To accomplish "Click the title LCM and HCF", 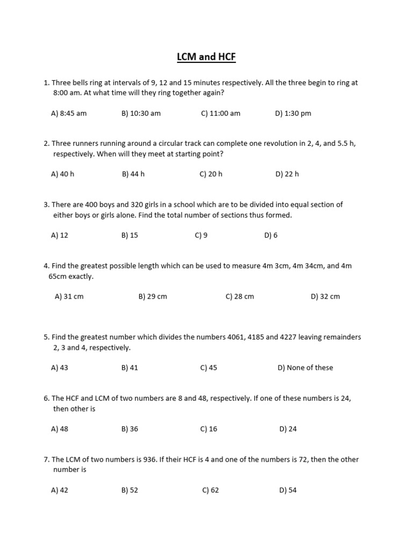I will (x=206, y=57).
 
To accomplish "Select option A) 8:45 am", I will (x=68, y=114).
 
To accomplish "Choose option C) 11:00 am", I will (x=220, y=114).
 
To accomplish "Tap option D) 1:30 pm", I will (x=293, y=114).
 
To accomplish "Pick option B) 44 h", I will (x=133, y=174).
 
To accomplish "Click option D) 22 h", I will (x=287, y=174).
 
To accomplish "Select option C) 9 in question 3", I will (x=201, y=235).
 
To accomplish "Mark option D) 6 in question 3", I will (x=271, y=235).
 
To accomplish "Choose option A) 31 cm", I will (x=69, y=296).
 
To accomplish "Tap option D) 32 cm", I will (x=325, y=296).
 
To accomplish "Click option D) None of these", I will (x=305, y=368).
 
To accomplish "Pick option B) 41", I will (x=130, y=368).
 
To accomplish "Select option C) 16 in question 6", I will (x=209, y=429).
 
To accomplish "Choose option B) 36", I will (x=130, y=429).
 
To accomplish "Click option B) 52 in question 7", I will (x=130, y=490).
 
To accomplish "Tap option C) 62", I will (x=210, y=490).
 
